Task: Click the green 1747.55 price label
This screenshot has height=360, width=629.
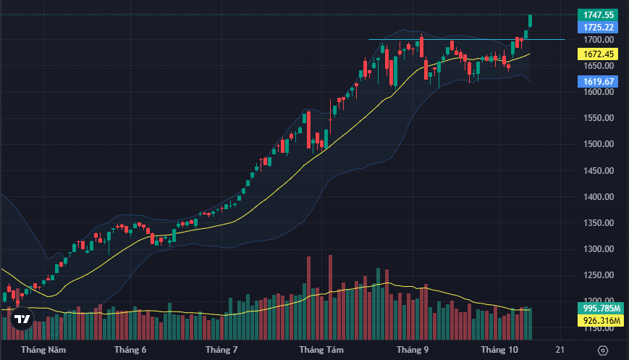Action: (x=599, y=14)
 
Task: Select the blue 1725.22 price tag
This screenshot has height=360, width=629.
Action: (x=599, y=27)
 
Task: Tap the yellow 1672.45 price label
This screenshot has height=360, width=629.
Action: (x=599, y=54)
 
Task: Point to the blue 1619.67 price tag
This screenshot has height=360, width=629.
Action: (x=599, y=82)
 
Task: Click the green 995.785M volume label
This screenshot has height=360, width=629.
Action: (x=599, y=308)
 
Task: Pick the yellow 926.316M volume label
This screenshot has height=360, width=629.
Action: (x=599, y=320)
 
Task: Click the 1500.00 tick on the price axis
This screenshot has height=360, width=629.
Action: (x=599, y=144)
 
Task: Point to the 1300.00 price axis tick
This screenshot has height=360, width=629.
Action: (x=599, y=249)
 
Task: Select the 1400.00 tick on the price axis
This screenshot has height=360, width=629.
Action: (x=599, y=197)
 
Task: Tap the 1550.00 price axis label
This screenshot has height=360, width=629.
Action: (x=599, y=118)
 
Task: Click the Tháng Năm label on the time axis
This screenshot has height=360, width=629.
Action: (x=43, y=350)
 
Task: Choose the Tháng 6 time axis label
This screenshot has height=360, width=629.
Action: (x=130, y=350)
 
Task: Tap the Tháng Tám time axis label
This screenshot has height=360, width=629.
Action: (x=321, y=350)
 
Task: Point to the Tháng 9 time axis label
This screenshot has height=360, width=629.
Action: (x=413, y=350)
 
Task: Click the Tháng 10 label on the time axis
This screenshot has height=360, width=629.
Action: (x=500, y=350)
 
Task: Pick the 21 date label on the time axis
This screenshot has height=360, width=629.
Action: (x=560, y=350)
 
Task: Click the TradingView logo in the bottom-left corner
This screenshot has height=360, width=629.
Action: (x=22, y=319)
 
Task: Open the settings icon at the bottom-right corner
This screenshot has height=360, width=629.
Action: (x=602, y=351)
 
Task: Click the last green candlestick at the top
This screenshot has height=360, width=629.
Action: (x=531, y=20)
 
